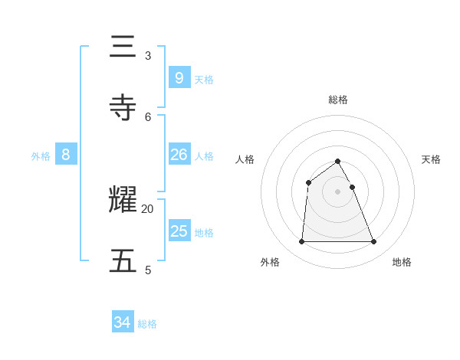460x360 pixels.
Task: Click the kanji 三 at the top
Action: [x=123, y=47]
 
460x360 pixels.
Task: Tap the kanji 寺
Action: [x=123, y=107]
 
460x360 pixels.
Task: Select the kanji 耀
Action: [x=123, y=200]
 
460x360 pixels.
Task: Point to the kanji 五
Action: [x=123, y=260]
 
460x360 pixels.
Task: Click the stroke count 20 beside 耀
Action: [x=147, y=208]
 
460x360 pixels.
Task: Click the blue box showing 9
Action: [x=179, y=77]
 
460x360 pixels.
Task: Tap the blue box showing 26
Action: [x=179, y=155]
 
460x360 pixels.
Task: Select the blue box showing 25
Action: [x=179, y=231]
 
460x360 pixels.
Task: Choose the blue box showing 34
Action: [x=122, y=322]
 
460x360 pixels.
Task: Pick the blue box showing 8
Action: [x=66, y=155]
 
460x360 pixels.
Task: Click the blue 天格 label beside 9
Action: [x=204, y=80]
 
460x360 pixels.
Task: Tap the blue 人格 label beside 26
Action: [x=204, y=156]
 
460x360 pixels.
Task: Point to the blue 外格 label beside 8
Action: [x=41, y=156]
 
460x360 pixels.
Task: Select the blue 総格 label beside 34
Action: [x=147, y=324]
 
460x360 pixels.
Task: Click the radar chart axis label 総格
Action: [x=338, y=100]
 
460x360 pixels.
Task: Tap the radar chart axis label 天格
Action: [x=432, y=159]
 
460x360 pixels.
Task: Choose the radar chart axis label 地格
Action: [x=402, y=262]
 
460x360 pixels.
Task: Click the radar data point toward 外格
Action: [x=301, y=242]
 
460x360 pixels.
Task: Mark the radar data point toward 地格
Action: [x=373, y=242]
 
